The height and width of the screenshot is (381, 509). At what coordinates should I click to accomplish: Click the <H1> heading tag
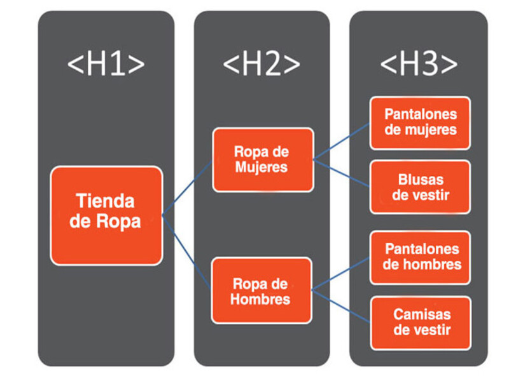[106, 64]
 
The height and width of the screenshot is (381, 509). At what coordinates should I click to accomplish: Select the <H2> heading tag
[261, 64]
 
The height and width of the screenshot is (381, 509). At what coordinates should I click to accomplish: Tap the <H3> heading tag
[419, 64]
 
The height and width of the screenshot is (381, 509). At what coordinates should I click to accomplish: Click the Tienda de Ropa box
[106, 216]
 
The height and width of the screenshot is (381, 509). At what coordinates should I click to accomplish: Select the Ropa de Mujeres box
[263, 160]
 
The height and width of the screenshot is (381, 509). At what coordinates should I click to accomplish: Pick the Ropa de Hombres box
[261, 291]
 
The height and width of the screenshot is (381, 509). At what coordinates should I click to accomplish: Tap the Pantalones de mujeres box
[421, 123]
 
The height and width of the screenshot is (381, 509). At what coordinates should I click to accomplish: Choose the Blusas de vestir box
[421, 187]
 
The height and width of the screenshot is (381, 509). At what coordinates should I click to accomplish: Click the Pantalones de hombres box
[421, 258]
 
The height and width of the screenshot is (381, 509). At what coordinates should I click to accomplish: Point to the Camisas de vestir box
[421, 323]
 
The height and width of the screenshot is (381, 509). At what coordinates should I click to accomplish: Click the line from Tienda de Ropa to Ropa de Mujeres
[187, 187]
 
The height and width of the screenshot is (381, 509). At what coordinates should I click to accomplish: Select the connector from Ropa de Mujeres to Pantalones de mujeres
[342, 142]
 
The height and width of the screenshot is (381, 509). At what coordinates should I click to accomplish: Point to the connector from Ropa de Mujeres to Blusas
[342, 173]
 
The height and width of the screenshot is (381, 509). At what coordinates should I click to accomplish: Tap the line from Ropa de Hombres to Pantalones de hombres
[340, 274]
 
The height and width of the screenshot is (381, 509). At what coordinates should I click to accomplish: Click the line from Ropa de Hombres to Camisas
[340, 306]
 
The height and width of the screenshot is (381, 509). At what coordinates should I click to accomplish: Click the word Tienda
[105, 201]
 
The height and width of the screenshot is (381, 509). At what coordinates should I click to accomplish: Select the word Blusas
[421, 180]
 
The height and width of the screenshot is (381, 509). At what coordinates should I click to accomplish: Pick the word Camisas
[422, 314]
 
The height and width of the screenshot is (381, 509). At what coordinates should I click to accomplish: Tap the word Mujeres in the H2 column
[261, 167]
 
